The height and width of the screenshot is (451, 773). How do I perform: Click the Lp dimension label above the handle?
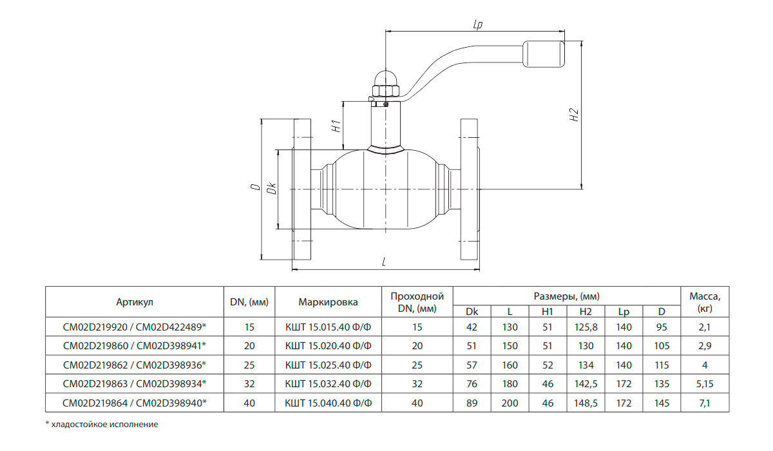477,24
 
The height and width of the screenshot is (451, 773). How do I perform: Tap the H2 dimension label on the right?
573,115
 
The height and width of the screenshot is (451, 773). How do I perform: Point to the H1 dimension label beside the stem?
336,126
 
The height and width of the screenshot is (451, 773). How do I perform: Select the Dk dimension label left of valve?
272,188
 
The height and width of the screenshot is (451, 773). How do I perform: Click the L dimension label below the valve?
384,262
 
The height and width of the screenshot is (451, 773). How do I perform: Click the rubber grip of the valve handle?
544,54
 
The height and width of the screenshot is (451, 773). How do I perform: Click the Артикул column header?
135,302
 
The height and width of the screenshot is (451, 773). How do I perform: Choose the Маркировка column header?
328,302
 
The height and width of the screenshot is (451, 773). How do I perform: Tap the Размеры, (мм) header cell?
567,296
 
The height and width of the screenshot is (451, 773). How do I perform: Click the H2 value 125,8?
586,327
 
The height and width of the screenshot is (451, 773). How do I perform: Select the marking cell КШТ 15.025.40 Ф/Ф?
328,365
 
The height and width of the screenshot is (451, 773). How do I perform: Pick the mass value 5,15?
705,384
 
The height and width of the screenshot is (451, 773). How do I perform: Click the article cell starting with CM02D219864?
135,403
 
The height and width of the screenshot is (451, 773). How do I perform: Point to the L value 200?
510,403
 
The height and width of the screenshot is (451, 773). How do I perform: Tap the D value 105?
662,346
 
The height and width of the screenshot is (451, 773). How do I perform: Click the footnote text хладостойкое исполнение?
104,424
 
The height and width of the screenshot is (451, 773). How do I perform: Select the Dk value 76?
472,384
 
